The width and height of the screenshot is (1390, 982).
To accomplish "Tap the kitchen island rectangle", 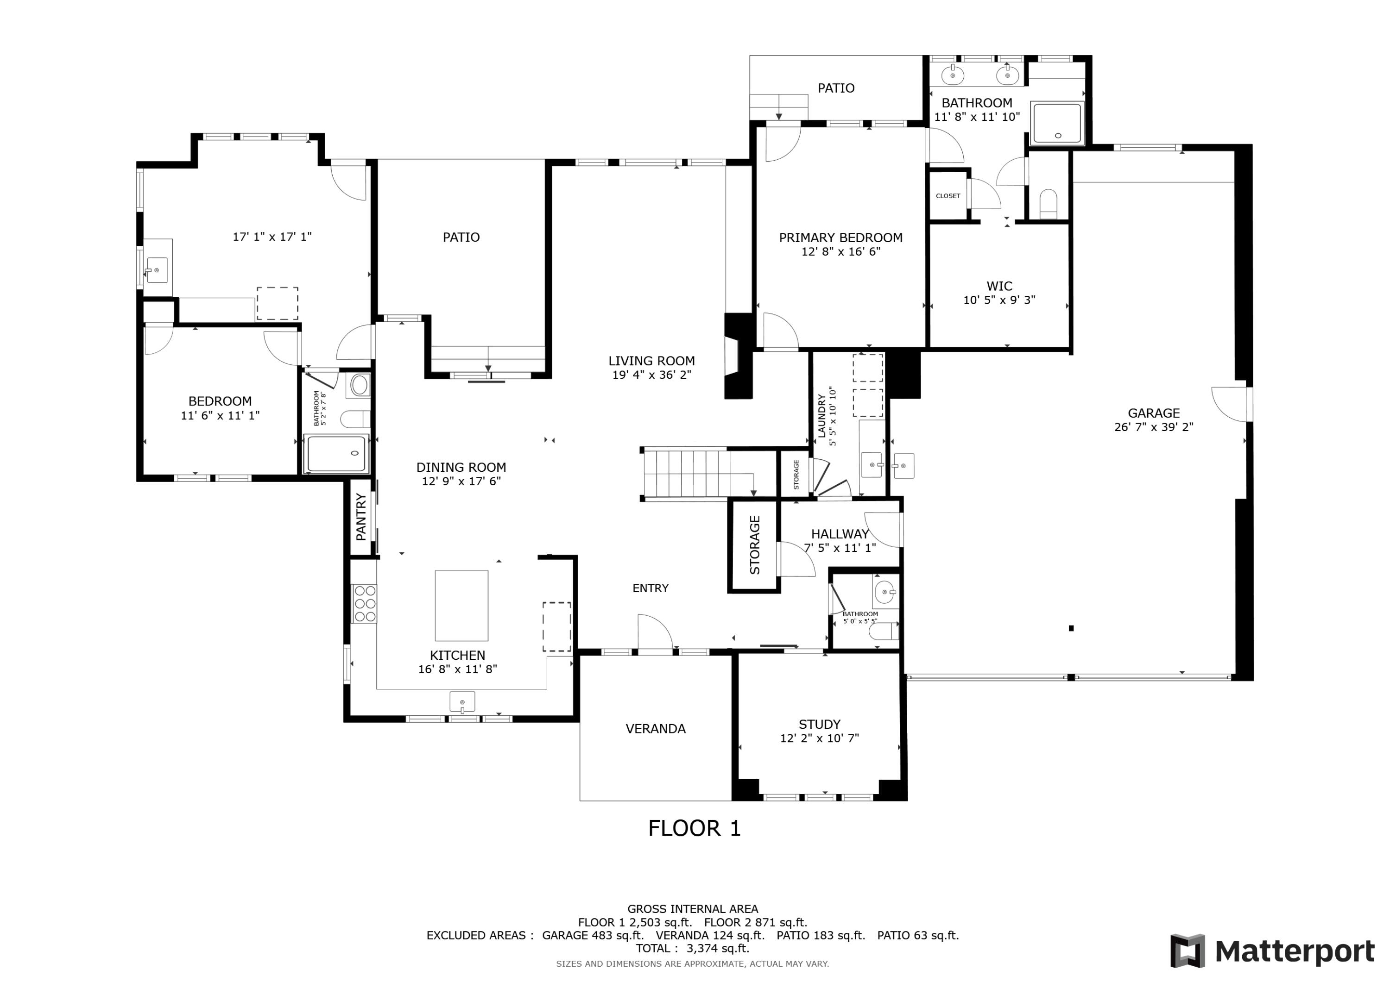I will tap(461, 605).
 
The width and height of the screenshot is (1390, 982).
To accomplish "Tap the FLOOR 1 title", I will tap(695, 828).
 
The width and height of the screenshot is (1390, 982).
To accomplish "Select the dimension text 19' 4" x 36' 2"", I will tap(651, 375).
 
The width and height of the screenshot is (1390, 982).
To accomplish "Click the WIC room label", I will tap(999, 286).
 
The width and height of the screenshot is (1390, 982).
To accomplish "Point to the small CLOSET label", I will tap(948, 196).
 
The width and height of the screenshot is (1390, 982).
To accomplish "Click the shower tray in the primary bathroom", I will tap(1056, 124).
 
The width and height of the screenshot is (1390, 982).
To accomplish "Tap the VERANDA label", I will tap(656, 728).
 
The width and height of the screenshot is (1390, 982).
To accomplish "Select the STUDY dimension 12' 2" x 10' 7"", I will tap(819, 738).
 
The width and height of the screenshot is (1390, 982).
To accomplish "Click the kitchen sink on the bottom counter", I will tap(462, 702).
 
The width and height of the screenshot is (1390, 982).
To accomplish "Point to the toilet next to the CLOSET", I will tap(1048, 203).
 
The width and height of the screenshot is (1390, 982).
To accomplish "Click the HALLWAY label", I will tap(840, 534).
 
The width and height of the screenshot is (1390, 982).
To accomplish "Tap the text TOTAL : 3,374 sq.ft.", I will tap(692, 948).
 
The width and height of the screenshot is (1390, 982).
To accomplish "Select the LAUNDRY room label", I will tap(821, 416).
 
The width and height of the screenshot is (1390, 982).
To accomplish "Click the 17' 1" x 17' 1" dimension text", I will tap(272, 237).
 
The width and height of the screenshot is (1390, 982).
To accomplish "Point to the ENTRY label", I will tap(650, 588).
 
